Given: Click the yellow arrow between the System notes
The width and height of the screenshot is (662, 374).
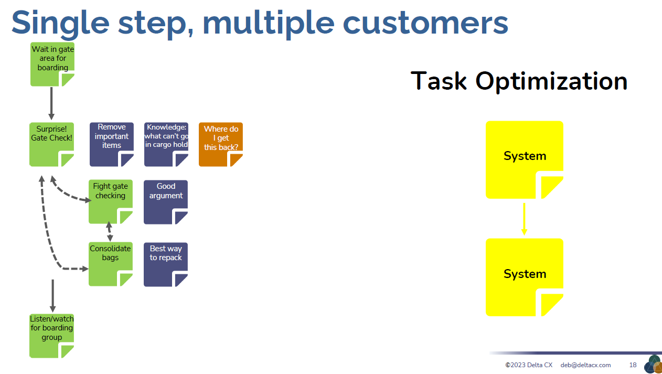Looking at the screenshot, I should coord(524,218).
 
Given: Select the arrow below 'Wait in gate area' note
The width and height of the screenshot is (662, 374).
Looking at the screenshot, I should coord(51,103).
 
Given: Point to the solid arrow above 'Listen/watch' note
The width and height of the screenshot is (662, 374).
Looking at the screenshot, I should coord(52,295).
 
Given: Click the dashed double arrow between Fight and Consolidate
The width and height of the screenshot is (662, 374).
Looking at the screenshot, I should coord(110,231).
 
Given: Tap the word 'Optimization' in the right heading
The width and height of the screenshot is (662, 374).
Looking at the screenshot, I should coord(551,81).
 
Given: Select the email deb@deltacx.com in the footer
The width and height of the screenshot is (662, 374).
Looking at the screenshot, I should coord(585,365).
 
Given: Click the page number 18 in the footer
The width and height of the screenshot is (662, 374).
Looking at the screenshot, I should coord(633,365).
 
